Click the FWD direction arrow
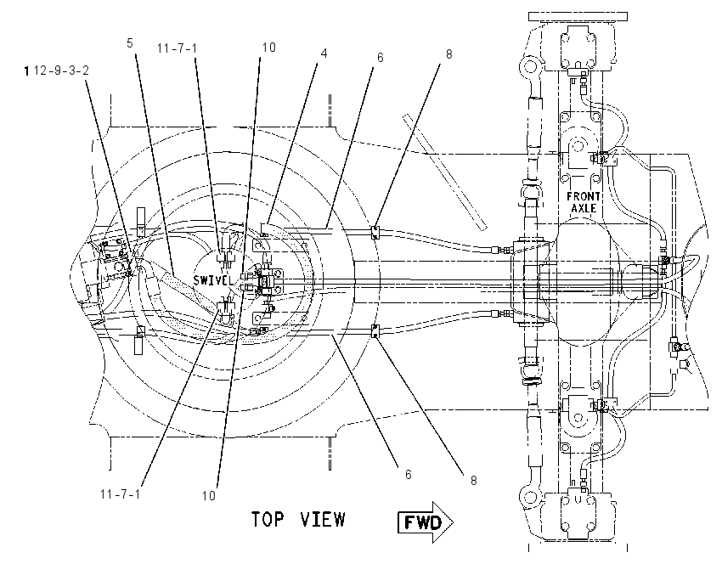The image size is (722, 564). pyautogui.click(x=426, y=522)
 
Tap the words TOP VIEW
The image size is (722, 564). pyautogui.click(x=298, y=519)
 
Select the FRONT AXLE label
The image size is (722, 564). pyautogui.click(x=584, y=202)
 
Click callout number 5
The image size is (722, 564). pyautogui.click(x=130, y=43)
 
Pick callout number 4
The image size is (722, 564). pyautogui.click(x=324, y=54)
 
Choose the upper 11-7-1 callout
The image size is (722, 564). pyautogui.click(x=177, y=48)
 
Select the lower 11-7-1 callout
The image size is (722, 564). pyautogui.click(x=120, y=494)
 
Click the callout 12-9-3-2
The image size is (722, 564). pyautogui.click(x=61, y=70)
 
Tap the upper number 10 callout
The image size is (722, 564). pyautogui.click(x=269, y=48)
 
